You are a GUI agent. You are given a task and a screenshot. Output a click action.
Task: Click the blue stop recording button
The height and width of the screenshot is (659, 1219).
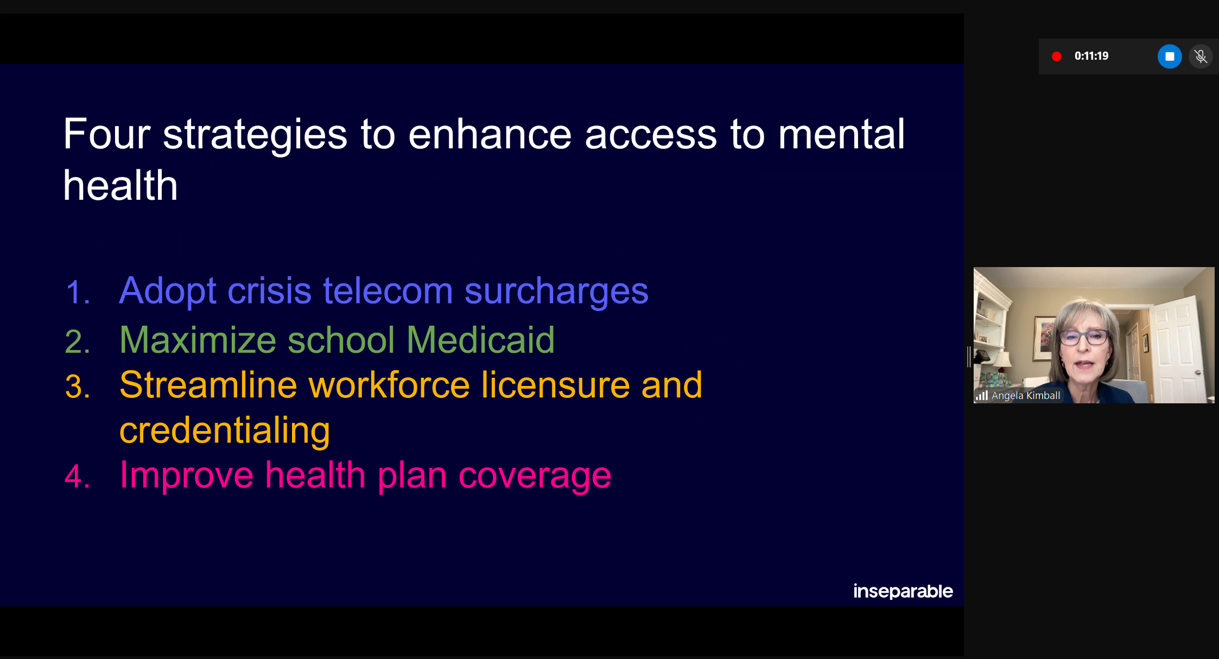click(1170, 56)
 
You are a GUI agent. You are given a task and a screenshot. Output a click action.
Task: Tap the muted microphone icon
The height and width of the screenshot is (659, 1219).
click(1201, 56)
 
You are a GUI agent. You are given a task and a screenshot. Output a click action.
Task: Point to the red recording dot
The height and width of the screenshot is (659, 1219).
click(1056, 56)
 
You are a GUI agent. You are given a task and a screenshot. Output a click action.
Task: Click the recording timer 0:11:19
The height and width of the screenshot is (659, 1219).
click(1091, 56)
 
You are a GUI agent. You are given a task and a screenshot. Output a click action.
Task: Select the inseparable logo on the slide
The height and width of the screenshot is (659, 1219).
click(903, 591)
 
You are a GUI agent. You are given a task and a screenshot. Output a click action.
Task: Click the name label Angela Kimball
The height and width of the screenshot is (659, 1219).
click(1026, 396)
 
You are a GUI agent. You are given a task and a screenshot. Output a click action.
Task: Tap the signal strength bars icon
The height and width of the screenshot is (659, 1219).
click(981, 396)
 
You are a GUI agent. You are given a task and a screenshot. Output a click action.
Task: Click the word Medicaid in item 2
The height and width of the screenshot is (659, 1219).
click(481, 340)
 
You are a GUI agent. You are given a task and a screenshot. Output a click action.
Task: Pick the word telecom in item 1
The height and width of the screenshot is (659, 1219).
click(388, 290)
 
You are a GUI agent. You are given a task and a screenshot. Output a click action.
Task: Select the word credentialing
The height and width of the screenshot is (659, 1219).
click(225, 430)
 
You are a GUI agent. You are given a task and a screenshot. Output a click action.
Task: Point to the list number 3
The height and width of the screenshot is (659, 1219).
click(78, 387)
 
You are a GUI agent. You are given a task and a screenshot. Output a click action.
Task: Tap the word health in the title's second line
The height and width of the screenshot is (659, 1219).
click(120, 185)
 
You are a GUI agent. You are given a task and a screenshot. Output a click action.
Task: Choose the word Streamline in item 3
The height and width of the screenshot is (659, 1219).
click(208, 385)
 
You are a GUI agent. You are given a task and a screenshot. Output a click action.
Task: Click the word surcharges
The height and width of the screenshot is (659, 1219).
click(557, 292)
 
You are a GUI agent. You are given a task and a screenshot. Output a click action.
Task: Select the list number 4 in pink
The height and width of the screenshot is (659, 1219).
click(78, 477)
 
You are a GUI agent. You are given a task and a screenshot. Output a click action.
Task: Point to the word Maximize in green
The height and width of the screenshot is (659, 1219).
click(198, 340)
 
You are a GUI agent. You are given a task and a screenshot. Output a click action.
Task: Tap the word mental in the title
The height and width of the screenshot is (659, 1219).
click(842, 134)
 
